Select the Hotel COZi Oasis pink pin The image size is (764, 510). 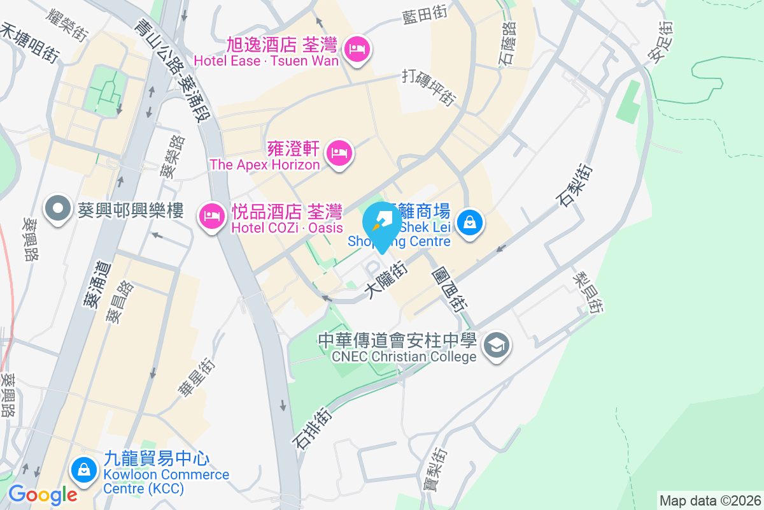[x=211, y=217]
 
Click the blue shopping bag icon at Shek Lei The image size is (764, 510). [x=469, y=222]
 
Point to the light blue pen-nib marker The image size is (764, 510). [x=382, y=224]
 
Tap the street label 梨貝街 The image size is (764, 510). [x=587, y=293]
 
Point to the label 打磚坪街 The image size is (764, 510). [x=429, y=87]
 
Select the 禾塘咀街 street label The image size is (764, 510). [x=29, y=42]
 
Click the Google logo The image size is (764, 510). [x=42, y=494]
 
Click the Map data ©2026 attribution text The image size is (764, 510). [x=710, y=500]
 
